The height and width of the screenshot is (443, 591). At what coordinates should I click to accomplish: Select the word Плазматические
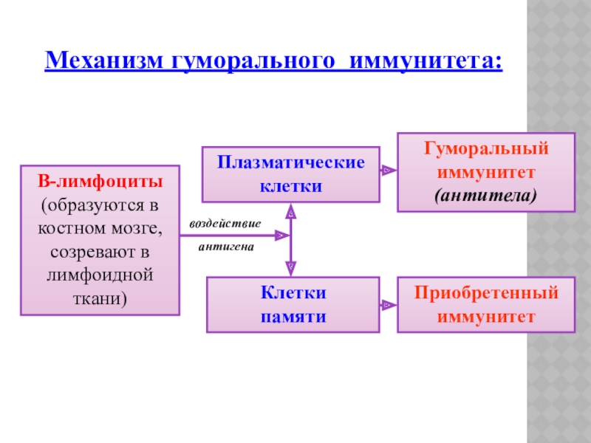291,162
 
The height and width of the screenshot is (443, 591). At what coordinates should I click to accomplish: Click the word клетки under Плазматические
291,185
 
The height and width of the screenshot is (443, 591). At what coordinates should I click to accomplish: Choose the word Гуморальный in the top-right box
486,148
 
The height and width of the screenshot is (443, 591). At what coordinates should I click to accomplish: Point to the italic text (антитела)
486,196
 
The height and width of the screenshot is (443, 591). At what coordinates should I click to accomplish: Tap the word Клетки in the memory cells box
293,293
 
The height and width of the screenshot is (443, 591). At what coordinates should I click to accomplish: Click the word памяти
293,315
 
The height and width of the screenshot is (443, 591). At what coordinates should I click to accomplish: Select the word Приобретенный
486,293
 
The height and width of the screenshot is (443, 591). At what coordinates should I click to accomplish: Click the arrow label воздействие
225,223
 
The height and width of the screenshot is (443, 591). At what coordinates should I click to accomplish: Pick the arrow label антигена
225,247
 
